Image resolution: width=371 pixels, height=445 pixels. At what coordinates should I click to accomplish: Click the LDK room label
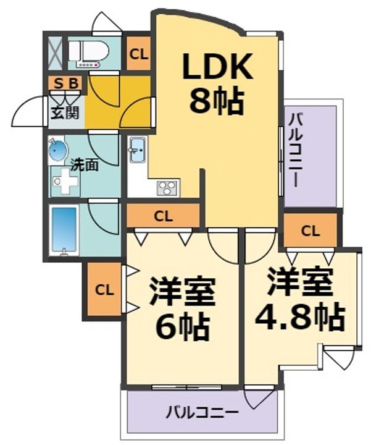point(217,66)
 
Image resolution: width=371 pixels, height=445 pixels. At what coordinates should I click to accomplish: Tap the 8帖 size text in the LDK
point(217,101)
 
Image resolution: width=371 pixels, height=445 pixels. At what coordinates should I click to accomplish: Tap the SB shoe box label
point(66,83)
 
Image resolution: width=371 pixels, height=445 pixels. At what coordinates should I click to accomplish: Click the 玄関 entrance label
point(65,112)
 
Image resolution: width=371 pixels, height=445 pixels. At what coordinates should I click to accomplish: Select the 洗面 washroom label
point(84,165)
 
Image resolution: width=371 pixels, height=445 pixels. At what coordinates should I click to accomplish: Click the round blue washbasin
point(58,150)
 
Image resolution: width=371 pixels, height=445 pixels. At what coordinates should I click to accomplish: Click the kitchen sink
point(138,150)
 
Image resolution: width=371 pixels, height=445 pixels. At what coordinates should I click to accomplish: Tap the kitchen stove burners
point(167,188)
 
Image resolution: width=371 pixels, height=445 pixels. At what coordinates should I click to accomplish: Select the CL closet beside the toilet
point(139,54)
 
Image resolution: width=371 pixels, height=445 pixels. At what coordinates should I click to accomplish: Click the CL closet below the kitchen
point(163,217)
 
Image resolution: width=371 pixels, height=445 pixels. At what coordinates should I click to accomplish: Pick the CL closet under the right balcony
point(311,231)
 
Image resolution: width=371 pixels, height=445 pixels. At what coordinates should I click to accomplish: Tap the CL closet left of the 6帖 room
point(104,290)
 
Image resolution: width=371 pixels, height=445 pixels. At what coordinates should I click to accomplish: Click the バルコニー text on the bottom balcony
point(202,412)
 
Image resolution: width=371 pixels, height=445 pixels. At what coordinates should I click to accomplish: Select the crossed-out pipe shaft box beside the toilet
point(55,53)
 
